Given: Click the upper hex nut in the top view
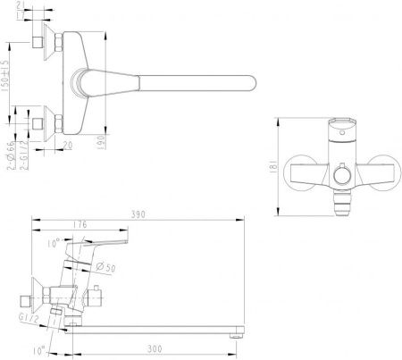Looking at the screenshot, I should (x=50, y=42).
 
